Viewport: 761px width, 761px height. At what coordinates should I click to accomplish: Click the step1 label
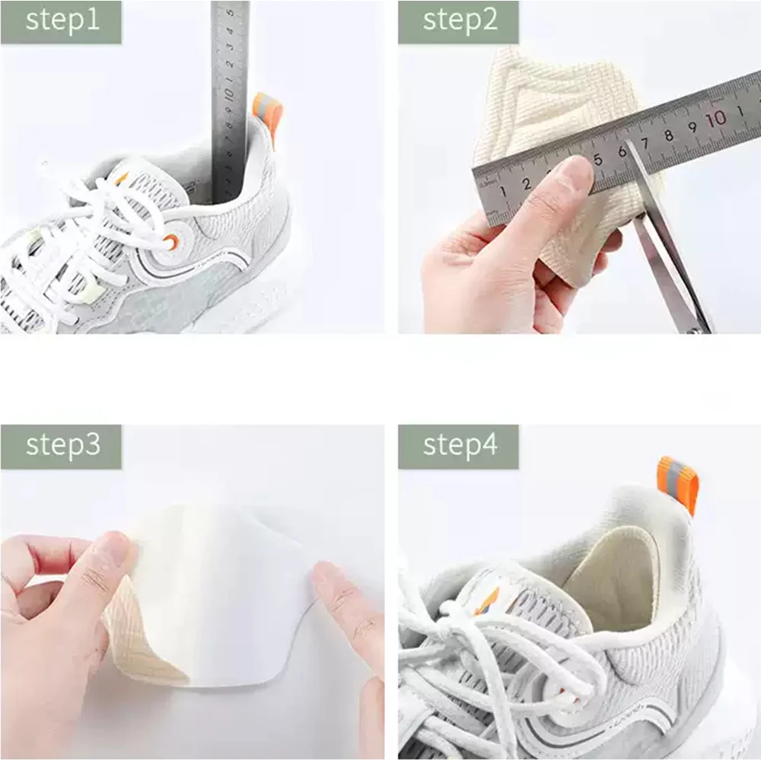coord(62,21)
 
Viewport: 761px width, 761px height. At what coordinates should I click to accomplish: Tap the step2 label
coord(459,21)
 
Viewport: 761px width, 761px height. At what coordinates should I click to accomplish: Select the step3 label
coord(62,446)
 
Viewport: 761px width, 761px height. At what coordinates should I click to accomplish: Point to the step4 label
coord(459,446)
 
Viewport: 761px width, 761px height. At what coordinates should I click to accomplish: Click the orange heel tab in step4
coord(677,483)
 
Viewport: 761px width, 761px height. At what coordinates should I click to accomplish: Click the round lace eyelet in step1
coord(170,241)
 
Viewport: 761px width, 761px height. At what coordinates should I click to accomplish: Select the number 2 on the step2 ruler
coord(526,183)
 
